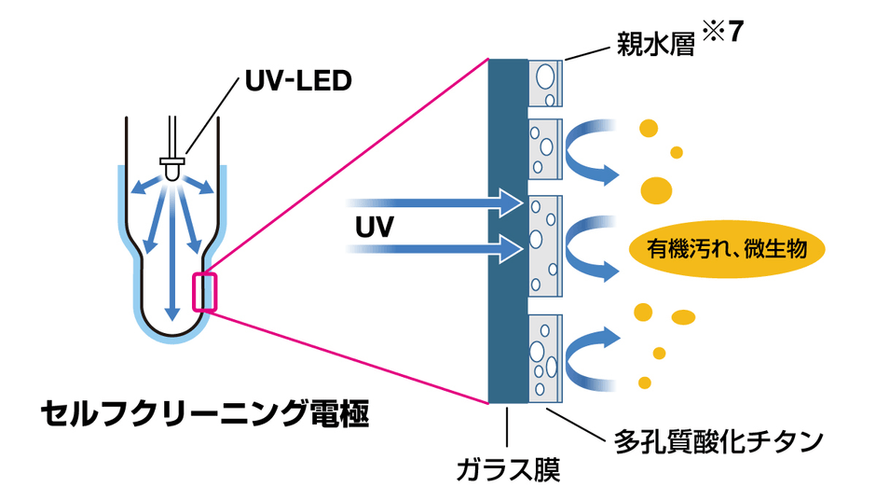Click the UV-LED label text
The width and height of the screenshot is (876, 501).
click(298, 81)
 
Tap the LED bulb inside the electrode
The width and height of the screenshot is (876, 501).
click(172, 169)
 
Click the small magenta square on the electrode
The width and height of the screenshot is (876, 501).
click(204, 291)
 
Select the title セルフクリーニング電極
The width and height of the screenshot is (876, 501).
click(205, 414)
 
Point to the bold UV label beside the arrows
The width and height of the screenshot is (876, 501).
click(375, 227)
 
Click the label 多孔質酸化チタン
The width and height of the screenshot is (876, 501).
click(719, 439)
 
